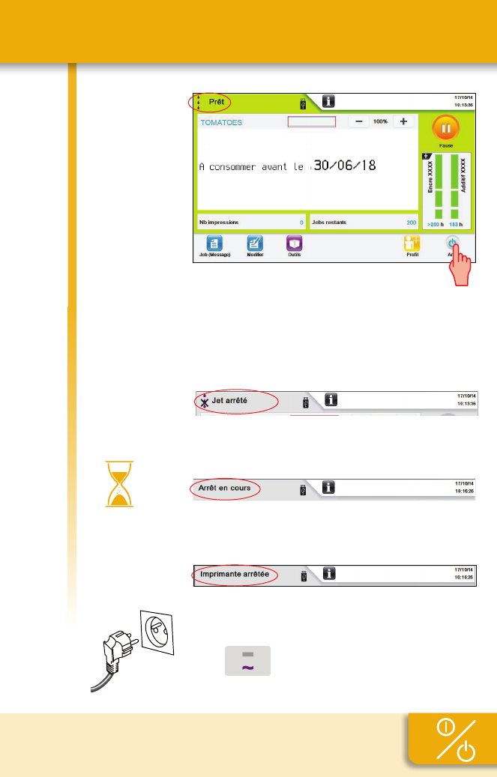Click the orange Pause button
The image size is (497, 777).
[x=446, y=129]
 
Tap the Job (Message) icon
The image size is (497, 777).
[x=214, y=244]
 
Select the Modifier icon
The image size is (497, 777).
[x=255, y=244]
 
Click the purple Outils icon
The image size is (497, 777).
[x=295, y=244]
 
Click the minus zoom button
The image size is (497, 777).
[x=358, y=121]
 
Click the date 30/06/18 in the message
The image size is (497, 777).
[x=344, y=166]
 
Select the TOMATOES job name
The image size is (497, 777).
[x=221, y=122]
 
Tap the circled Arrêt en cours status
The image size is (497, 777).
[x=224, y=489]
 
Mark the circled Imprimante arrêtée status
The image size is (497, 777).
[x=235, y=575]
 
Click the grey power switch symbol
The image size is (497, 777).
[x=248, y=661]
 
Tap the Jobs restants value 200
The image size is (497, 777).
[x=410, y=223]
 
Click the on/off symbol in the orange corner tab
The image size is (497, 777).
[x=453, y=741]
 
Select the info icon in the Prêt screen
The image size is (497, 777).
[x=329, y=101]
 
